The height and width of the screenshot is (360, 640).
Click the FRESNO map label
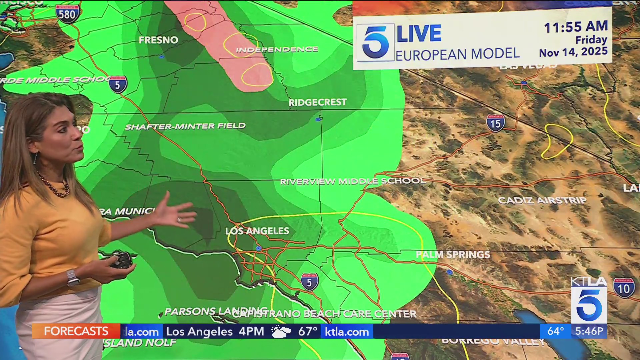(158, 40)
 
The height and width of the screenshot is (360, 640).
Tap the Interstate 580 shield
(68, 14)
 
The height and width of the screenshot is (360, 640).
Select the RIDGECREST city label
(317, 102)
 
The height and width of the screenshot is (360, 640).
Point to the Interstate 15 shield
(495, 123)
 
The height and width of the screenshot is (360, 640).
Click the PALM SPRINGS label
(453, 255)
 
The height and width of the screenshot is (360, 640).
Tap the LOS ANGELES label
(257, 231)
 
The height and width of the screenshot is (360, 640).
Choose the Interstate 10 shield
(624, 288)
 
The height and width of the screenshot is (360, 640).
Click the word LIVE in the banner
(419, 33)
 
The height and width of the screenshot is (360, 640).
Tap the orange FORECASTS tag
(76, 331)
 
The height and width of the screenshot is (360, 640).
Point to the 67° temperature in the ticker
(307, 331)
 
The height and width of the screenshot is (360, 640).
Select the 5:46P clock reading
(589, 331)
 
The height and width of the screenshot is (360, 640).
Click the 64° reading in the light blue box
(555, 331)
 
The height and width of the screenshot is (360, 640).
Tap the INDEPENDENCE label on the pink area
(277, 50)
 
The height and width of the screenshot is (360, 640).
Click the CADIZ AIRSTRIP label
(542, 200)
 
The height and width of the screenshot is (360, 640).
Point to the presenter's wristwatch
(73, 278)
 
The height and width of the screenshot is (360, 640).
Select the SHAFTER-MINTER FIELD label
(185, 126)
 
